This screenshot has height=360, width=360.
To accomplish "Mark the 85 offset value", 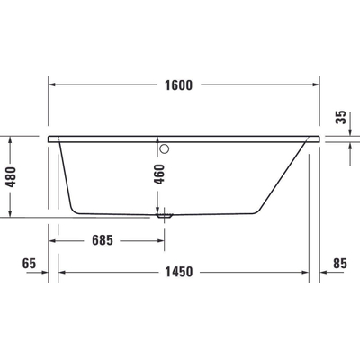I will click(339, 264).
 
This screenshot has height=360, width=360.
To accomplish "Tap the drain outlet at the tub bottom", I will click(165, 216).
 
